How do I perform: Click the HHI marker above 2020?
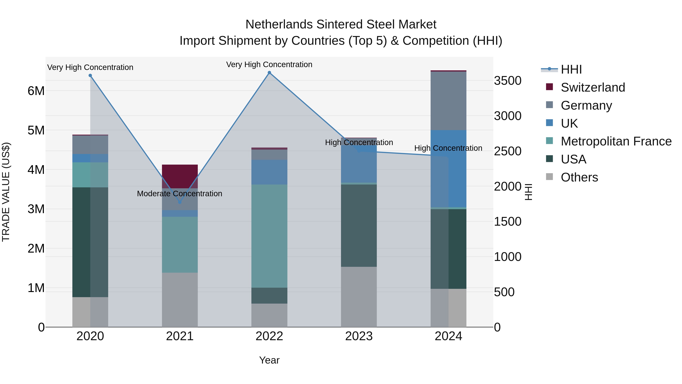tap(90, 75)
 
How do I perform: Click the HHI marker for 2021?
tap(180, 202)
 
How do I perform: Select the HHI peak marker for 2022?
tap(269, 73)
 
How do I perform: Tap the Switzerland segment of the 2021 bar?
tap(180, 176)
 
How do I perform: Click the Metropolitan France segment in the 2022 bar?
tap(269, 236)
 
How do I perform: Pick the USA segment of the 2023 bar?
tap(359, 225)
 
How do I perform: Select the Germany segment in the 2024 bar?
tap(448, 101)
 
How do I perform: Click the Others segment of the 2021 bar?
tap(180, 299)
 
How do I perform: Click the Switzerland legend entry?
tap(593, 87)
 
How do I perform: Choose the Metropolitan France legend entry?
tap(616, 141)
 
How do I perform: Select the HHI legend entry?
tap(571, 69)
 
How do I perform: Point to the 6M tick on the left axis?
tap(36, 91)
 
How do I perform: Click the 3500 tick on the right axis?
tap(508, 81)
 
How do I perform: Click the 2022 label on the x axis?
tap(269, 336)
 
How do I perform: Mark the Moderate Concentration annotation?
tap(180, 194)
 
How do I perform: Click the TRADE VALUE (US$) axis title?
tap(6, 192)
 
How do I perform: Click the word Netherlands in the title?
tap(279, 24)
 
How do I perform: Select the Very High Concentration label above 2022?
tap(269, 64)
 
